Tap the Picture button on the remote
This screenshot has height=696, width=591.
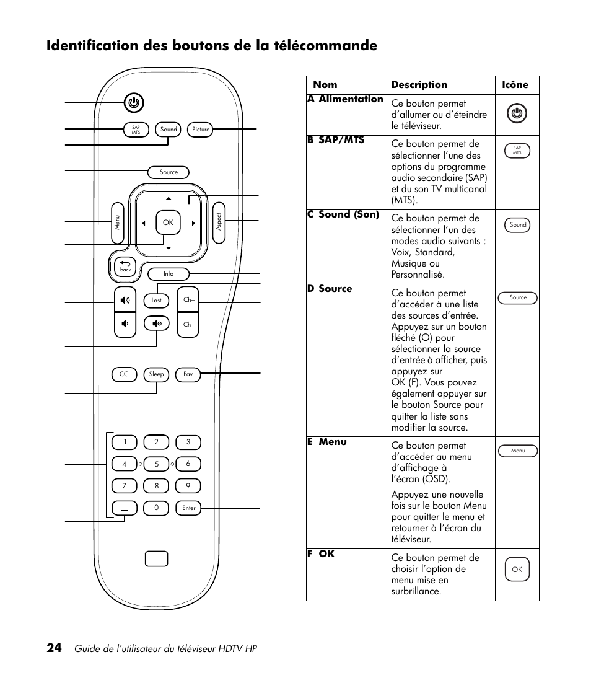201,130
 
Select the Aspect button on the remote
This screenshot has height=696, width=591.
218,222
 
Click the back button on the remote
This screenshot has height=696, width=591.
125,267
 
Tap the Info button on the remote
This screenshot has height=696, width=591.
169,273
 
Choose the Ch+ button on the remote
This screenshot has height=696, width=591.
189,300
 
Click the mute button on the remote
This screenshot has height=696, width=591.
157,324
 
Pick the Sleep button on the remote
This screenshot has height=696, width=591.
157,374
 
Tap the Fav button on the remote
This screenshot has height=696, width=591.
188,374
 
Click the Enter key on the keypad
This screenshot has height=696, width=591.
188,508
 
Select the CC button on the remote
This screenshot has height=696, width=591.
124,374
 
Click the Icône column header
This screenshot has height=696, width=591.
515,85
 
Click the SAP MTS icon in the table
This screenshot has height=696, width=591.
517,151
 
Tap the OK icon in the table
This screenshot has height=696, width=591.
517,570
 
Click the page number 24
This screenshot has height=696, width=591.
54,648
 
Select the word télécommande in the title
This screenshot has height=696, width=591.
325,46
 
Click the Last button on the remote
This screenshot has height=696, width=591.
157,301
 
